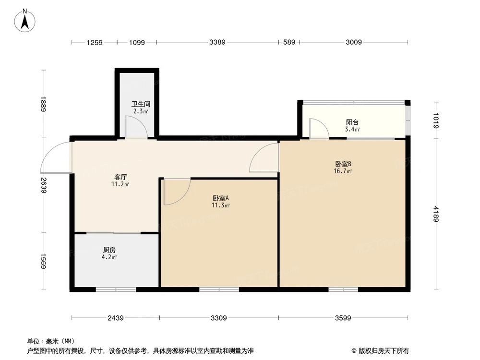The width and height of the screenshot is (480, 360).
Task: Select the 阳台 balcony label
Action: tap(353, 122)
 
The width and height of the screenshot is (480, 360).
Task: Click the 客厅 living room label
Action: tap(120, 176)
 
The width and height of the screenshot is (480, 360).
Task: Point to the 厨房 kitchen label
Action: tap(109, 250)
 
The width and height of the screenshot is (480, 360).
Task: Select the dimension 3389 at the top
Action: tap(217, 43)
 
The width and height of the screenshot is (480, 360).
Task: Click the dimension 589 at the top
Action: tap(288, 43)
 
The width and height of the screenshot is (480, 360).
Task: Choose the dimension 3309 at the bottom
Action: tap(219, 318)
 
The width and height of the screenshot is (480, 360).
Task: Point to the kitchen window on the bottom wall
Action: tap(116, 289)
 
